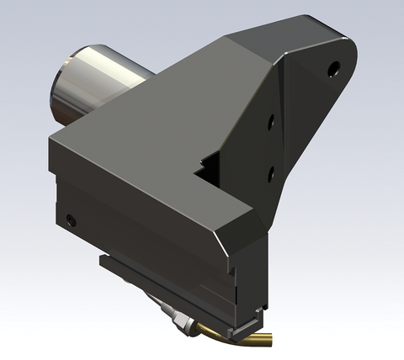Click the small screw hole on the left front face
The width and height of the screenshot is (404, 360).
pos(70,220)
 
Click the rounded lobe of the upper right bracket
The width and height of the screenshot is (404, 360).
pos(341,59)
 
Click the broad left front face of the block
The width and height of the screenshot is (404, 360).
pos(126,219)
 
